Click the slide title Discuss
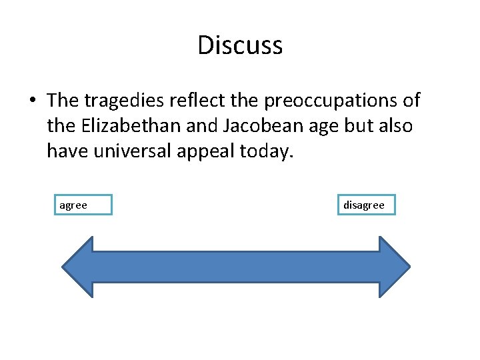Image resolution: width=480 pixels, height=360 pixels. (x=240, y=45)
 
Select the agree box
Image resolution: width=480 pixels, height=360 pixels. (x=83, y=205)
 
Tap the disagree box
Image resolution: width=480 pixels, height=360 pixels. (x=366, y=205)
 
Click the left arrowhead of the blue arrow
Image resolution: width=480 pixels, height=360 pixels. (x=77, y=267)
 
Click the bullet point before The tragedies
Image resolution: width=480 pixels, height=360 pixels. (x=32, y=101)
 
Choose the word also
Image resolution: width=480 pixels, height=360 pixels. (x=394, y=126)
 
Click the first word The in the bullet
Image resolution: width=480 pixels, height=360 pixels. (x=63, y=101)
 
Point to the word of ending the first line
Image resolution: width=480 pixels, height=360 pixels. (x=410, y=101)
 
